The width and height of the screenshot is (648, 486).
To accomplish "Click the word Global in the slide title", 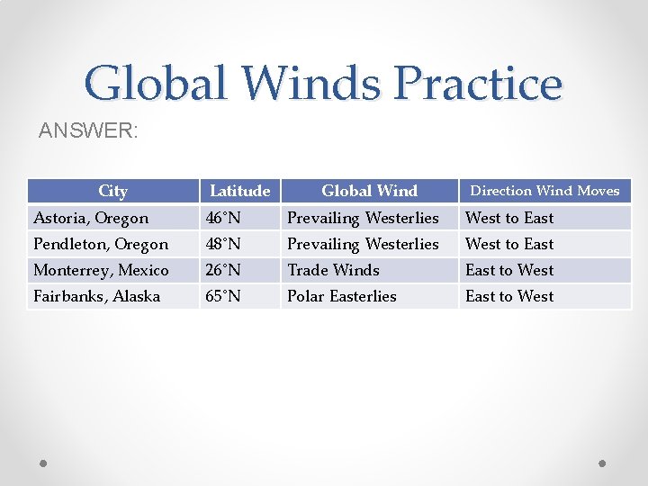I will (x=155, y=83).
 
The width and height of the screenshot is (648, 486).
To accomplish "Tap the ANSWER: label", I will (x=88, y=131).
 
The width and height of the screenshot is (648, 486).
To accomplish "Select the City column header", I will (x=112, y=191).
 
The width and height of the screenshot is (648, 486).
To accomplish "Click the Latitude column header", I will (x=239, y=191).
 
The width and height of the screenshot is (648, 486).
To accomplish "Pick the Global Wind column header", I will (x=369, y=191).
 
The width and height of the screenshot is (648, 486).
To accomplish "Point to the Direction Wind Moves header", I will (x=544, y=191).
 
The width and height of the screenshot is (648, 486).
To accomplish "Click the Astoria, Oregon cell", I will (x=91, y=218).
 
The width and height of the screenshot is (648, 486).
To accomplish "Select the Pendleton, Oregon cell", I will (x=101, y=244).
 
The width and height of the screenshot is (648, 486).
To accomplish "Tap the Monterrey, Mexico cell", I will (x=101, y=270).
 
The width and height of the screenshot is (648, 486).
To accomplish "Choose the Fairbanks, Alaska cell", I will (x=96, y=296).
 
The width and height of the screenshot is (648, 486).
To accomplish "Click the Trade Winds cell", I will (x=333, y=270).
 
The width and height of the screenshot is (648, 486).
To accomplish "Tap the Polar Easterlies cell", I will (x=341, y=296).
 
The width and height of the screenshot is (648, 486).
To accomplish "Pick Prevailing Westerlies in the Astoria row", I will (x=363, y=218).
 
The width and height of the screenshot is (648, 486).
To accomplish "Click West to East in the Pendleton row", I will (x=509, y=244).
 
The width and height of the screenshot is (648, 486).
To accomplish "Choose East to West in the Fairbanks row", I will (x=509, y=296).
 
